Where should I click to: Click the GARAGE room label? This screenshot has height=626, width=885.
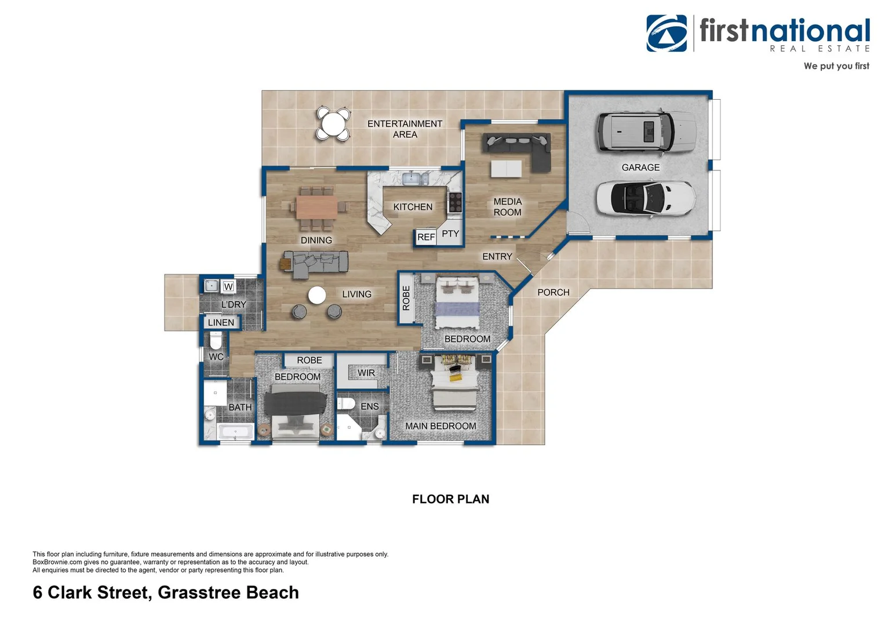coord(640,168)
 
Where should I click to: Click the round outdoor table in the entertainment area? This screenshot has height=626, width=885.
coord(333,123)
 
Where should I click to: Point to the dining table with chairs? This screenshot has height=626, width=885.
coord(316,208)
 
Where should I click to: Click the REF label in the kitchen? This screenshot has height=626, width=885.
coord(426,237)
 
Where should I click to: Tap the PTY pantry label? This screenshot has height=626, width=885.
coord(450,234)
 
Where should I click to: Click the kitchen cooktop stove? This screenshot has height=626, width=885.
coord(455,202)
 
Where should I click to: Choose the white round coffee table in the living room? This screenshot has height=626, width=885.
coord(317,295)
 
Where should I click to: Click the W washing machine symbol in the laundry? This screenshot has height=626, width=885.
coord(228,286)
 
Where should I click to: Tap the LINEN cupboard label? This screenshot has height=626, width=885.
coord(221,323)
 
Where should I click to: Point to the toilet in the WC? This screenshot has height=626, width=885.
coord(216,340)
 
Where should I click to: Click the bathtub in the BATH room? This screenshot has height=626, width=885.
coord(235,431)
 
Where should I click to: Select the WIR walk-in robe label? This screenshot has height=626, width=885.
coord(366,373)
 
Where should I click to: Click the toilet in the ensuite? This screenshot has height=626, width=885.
coord(347,404)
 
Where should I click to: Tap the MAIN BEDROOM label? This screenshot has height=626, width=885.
coord(440,426)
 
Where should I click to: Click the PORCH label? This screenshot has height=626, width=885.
coord(553,293)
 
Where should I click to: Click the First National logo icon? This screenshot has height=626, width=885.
coord(667,34)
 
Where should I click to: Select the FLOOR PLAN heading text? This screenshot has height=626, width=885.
coord(450,499)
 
